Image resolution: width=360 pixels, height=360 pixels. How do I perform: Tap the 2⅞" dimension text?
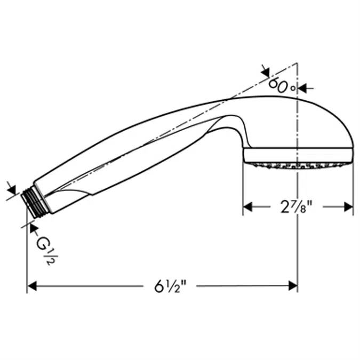click(297, 206)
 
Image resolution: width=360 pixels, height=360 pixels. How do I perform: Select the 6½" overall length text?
click(170, 286)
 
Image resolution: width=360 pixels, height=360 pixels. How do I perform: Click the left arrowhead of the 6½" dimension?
click(32, 286)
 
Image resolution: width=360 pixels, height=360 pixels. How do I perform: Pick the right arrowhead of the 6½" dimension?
click(293, 286)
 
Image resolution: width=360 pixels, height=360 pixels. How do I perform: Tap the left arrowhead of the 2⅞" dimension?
click(247, 207)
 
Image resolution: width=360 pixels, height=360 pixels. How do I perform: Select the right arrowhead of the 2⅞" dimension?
click(348, 207)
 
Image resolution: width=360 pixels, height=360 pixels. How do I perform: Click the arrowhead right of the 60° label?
click(302, 88)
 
